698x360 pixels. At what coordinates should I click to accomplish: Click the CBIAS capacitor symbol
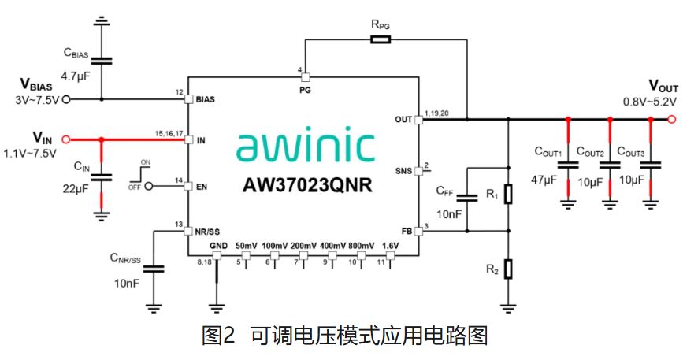click(101, 60)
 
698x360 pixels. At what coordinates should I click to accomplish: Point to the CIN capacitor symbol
click(101, 176)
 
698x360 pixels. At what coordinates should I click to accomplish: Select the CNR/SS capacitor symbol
click(154, 269)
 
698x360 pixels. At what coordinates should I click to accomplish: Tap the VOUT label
click(663, 85)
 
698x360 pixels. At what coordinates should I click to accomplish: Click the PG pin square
click(305, 77)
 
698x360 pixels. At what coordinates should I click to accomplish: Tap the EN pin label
click(202, 186)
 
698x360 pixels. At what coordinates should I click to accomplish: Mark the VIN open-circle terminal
click(65, 139)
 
